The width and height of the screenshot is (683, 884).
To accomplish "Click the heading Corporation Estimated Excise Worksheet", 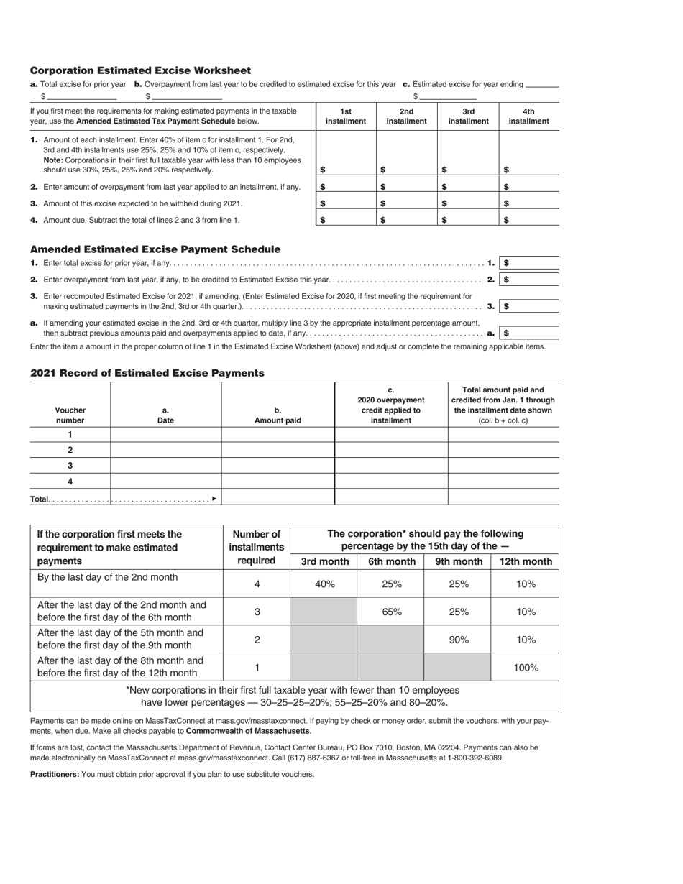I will (x=140, y=70).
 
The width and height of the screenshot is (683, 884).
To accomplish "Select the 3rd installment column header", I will (x=468, y=116).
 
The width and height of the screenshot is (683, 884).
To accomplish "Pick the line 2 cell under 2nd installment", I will (x=407, y=186).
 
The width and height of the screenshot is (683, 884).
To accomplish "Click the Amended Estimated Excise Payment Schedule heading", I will (x=155, y=249).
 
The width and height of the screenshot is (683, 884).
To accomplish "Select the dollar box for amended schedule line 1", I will (x=529, y=263).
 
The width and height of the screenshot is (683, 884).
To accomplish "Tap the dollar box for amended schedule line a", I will (x=529, y=333).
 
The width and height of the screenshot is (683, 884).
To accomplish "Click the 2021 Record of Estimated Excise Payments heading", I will (x=147, y=373).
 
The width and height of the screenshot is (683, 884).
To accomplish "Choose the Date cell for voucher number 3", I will (x=165, y=466).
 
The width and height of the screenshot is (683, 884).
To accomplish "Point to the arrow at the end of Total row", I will (x=214, y=498).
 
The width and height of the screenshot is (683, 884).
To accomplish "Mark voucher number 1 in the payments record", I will (x=70, y=434).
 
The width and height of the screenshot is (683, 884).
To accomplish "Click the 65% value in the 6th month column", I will (x=391, y=612).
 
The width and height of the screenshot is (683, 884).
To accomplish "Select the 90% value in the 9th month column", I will (x=458, y=639).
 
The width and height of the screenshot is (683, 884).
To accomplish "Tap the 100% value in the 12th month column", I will (x=526, y=667).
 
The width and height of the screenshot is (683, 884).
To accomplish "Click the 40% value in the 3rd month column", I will (x=325, y=584).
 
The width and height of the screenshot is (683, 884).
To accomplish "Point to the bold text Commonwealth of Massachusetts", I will (x=248, y=731).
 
